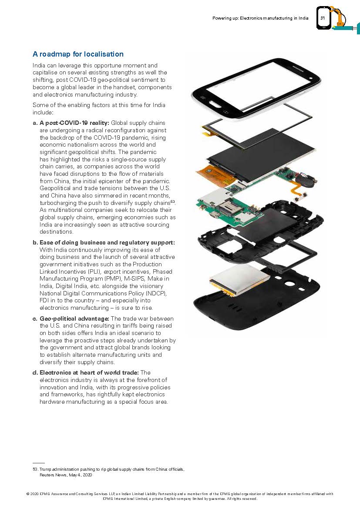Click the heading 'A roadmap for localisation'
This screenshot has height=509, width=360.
point(78,54)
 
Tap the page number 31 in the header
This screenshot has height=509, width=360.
point(323,18)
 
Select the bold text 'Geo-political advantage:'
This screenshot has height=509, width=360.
point(74,319)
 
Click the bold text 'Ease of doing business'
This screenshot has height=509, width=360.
point(70,242)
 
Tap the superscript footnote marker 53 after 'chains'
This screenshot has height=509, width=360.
point(172,201)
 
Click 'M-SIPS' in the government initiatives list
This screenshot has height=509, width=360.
point(124,279)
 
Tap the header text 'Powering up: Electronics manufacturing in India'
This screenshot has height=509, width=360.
point(260,18)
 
